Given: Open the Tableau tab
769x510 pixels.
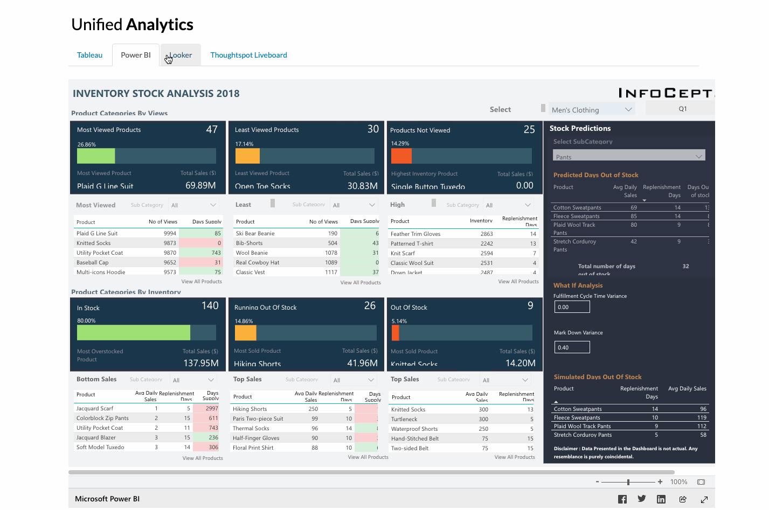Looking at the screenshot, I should [89, 55].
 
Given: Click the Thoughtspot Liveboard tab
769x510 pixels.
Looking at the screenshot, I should [248, 55].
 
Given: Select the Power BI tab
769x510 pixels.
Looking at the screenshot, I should [136, 55].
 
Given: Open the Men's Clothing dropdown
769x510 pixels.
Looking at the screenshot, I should [591, 109].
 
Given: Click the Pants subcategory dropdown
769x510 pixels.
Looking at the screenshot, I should [628, 156].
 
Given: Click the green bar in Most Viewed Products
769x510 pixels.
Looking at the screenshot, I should [96, 156].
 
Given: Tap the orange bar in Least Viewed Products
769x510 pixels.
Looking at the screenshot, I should [247, 156].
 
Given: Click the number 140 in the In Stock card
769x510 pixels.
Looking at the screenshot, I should [210, 305].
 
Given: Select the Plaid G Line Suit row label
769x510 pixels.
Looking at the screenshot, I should [97, 233].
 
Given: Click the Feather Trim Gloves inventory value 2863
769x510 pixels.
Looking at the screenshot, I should [486, 234].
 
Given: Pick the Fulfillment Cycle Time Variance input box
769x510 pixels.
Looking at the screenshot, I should [572, 307].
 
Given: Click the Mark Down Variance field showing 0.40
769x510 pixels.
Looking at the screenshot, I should [572, 347].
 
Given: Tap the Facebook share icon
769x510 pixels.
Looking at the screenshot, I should [622, 499].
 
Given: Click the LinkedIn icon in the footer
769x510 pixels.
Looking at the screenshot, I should [661, 499].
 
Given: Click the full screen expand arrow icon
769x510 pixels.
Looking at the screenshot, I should [704, 499].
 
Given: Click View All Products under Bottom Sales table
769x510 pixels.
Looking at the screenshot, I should [203, 458].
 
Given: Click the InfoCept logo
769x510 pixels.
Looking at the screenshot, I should [666, 93].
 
